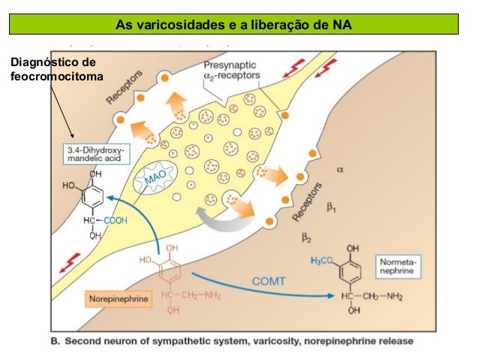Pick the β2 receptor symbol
click(306, 238)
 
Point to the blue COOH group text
click(115, 220)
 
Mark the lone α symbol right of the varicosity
click(339, 170)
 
